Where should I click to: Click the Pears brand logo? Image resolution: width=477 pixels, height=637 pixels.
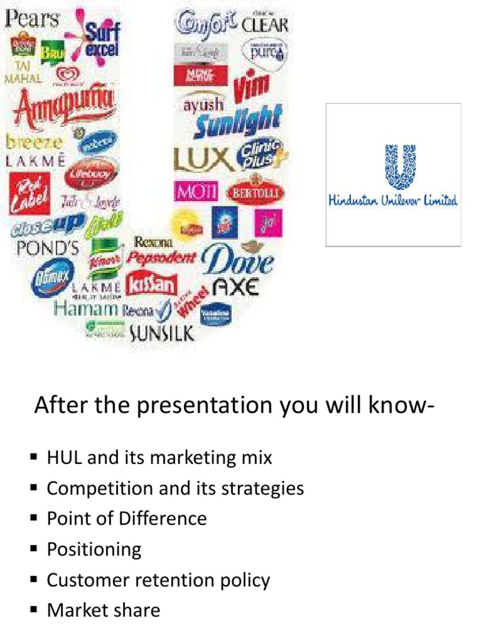coord(32,18)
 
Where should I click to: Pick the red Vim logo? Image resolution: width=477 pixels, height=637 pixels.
coord(252,88)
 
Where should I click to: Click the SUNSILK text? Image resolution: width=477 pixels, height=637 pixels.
coord(162,333)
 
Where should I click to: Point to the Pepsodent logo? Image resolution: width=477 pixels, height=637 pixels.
coord(161,256)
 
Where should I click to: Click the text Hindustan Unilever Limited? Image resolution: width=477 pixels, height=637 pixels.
coord(393,200)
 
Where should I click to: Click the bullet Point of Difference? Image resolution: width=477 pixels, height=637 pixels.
coord(127,518)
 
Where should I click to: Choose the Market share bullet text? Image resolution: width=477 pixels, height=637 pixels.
coord(103,610)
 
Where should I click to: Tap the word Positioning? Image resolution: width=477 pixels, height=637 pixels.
coord(94,549)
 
